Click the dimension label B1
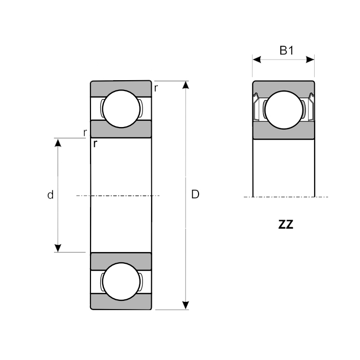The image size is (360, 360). (286, 50)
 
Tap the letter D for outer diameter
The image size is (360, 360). (195, 194)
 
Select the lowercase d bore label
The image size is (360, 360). (50, 195)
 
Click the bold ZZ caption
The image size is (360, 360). (285, 225)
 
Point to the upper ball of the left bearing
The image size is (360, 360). (121, 108)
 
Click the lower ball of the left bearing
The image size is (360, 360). (121, 281)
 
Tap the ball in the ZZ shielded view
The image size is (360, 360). (283, 109)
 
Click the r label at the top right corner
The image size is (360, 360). (156, 88)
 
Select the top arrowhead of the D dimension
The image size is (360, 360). (186, 85)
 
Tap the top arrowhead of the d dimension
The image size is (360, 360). (58, 142)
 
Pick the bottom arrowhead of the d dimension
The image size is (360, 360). (58, 247)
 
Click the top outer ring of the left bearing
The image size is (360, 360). (121, 87)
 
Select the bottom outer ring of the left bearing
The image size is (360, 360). (121, 303)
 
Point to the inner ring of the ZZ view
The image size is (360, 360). (283, 132)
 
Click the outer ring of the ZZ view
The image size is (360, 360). (283, 86)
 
